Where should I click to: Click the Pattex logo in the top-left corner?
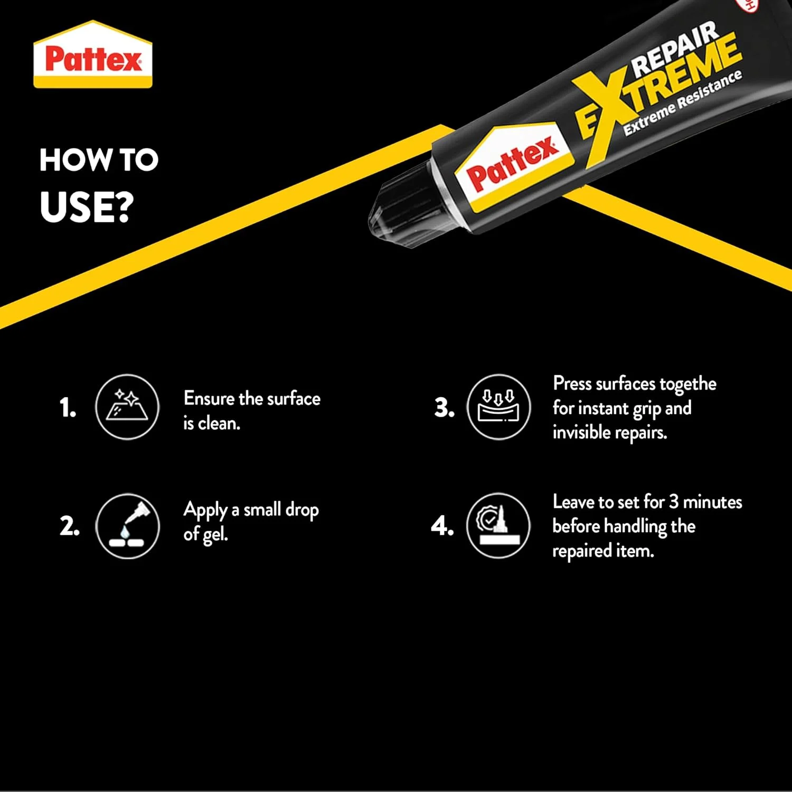coord(93,55)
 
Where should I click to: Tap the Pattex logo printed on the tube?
coord(512,165)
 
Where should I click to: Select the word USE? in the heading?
coord(87,206)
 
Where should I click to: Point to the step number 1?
coord(68,408)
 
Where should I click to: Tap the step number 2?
coord(69,526)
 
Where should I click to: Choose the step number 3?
coord(444,408)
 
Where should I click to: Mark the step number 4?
coord(442,526)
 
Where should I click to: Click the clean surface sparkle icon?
coord(127,407)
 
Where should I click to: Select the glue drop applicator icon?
coord(127,526)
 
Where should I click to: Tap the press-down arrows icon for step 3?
coord(498,407)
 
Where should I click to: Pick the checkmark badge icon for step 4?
coord(498,526)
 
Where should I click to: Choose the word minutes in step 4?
coord(712,502)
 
